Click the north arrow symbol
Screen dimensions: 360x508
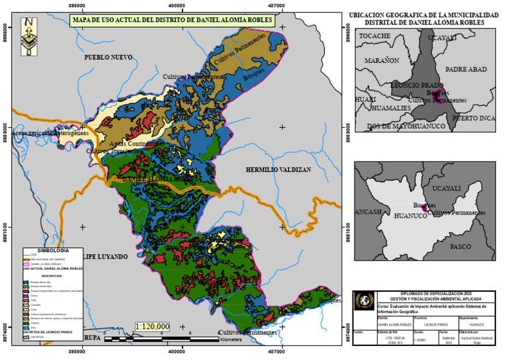(28, 36)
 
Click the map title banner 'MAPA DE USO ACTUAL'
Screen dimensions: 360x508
(173, 21)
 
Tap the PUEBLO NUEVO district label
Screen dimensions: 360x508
(108, 58)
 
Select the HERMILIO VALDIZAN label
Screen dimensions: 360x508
(278, 170)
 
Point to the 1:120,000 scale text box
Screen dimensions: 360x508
(152, 326)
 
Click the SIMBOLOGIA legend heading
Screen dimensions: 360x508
(53, 251)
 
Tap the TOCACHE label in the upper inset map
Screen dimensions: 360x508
(374, 36)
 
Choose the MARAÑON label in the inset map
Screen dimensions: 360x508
(382, 60)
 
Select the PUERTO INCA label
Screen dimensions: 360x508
(473, 118)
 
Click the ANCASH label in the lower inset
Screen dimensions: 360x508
(368, 212)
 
